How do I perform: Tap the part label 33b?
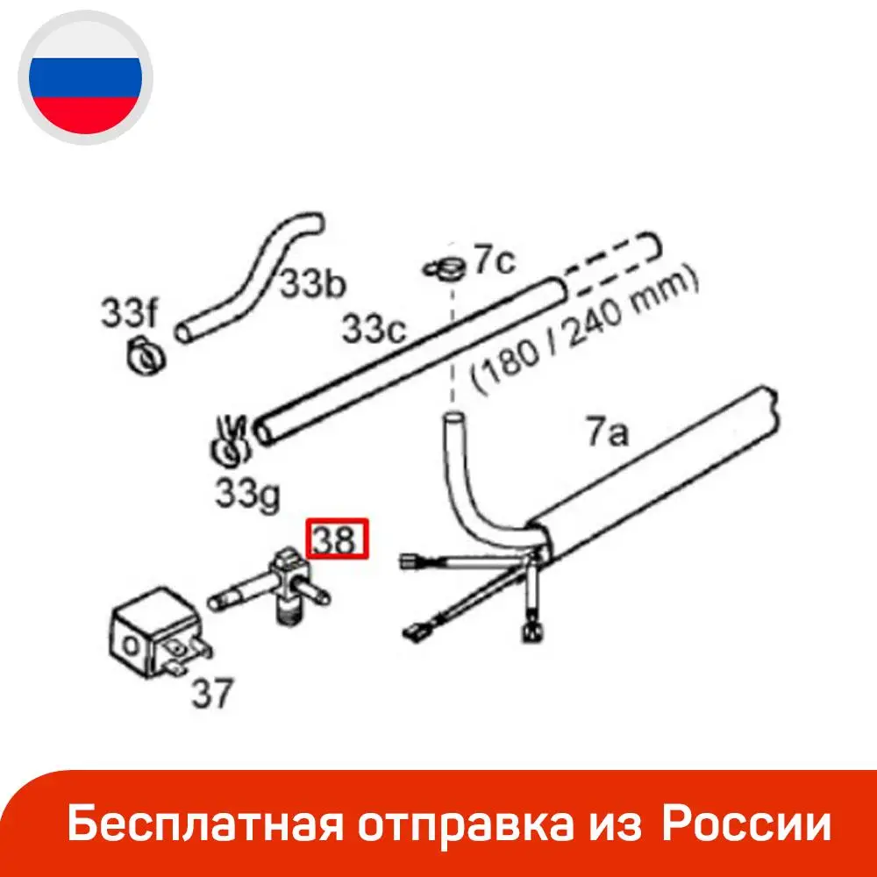(x=312, y=284)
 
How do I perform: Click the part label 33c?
(x=374, y=329)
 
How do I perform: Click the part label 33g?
(x=248, y=496)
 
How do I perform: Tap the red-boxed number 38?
(x=339, y=540)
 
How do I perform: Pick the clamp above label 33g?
(x=228, y=440)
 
